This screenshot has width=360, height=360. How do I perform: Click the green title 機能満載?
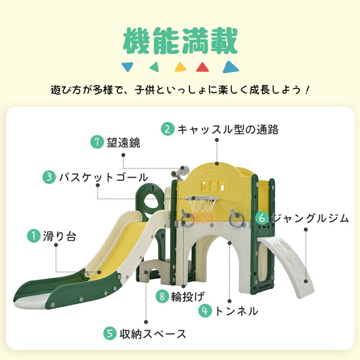[x=180, y=42]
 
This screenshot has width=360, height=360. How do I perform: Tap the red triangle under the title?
[x=203, y=67]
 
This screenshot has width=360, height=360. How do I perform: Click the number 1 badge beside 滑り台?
[x=34, y=237]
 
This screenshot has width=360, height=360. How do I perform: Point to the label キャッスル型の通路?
[x=228, y=129]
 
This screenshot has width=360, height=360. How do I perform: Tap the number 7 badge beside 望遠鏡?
[x=97, y=143]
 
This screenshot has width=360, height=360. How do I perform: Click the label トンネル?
[x=236, y=311]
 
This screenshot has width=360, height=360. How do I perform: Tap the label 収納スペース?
[x=153, y=334]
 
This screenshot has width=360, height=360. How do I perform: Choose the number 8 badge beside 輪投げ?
[x=162, y=296]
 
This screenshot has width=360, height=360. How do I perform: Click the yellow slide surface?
[x=119, y=248]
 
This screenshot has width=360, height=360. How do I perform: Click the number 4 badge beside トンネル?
[x=206, y=311]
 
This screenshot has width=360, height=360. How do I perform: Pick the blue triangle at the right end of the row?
[x=230, y=67]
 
